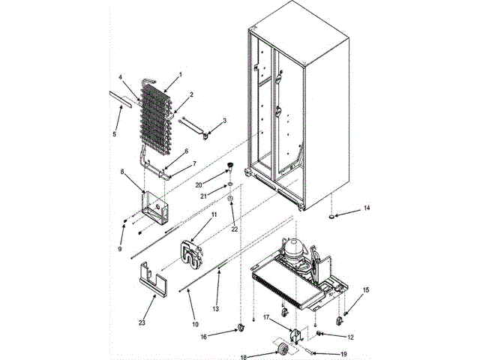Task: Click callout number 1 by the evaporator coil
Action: pyautogui.click(x=181, y=75)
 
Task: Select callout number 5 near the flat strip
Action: pyautogui.click(x=115, y=135)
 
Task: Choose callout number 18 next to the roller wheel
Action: pyautogui.click(x=241, y=357)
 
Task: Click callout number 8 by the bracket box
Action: pyautogui.click(x=122, y=172)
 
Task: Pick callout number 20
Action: pyautogui.click(x=199, y=184)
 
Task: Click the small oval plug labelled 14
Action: pyautogui.click(x=330, y=217)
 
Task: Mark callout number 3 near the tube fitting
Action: pyautogui.click(x=225, y=121)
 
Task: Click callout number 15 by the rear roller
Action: pyautogui.click(x=367, y=289)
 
